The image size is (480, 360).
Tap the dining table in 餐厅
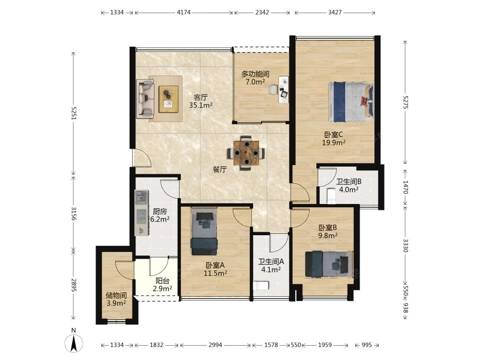click(x=246, y=153)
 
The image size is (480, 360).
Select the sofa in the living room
click(x=145, y=99)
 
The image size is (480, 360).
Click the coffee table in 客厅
click(x=168, y=99)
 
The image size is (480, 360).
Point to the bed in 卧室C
click(x=351, y=101)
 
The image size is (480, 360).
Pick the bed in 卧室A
click(x=204, y=231)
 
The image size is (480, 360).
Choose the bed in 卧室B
click(x=329, y=264)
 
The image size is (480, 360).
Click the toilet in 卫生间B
click(x=331, y=196)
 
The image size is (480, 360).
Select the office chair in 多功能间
click(x=273, y=90)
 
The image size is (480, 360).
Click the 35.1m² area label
click(x=201, y=105)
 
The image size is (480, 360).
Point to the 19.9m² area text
click(x=334, y=143)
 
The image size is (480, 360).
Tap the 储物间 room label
click(x=116, y=295)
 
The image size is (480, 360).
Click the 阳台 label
click(x=162, y=281)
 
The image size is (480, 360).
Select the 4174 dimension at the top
click(x=184, y=12)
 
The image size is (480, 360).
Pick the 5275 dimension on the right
click(x=406, y=102)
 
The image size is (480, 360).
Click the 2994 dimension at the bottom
click(x=215, y=345)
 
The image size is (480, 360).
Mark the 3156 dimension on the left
click(x=74, y=214)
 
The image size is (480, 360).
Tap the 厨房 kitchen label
click(x=160, y=211)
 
